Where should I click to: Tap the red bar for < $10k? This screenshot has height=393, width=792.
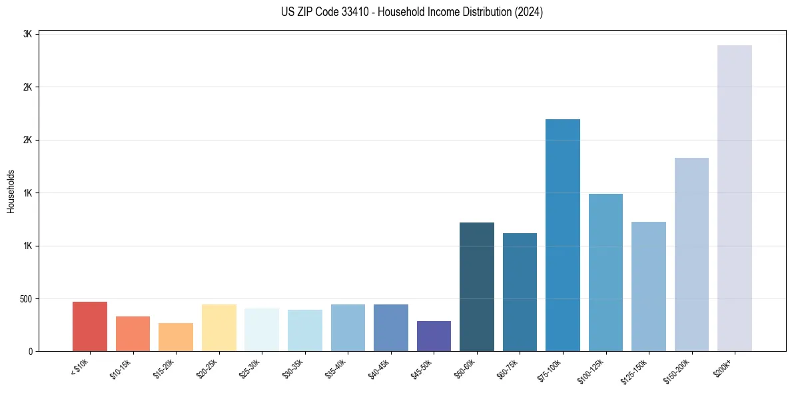pos(90,326)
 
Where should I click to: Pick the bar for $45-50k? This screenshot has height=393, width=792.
pos(434,336)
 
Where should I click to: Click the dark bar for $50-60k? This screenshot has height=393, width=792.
pos(477,286)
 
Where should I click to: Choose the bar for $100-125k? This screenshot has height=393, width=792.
pos(605,272)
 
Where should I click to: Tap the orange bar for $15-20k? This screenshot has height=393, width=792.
pos(176,337)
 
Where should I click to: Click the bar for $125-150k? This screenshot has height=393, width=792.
pos(648,286)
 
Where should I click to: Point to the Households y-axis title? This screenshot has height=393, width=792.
pos(11,191)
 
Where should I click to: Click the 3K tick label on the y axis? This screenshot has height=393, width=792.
pos(28,34)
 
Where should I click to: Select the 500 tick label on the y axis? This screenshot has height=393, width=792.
pos(25,298)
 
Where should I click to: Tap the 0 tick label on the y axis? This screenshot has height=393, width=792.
pos(31,351)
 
